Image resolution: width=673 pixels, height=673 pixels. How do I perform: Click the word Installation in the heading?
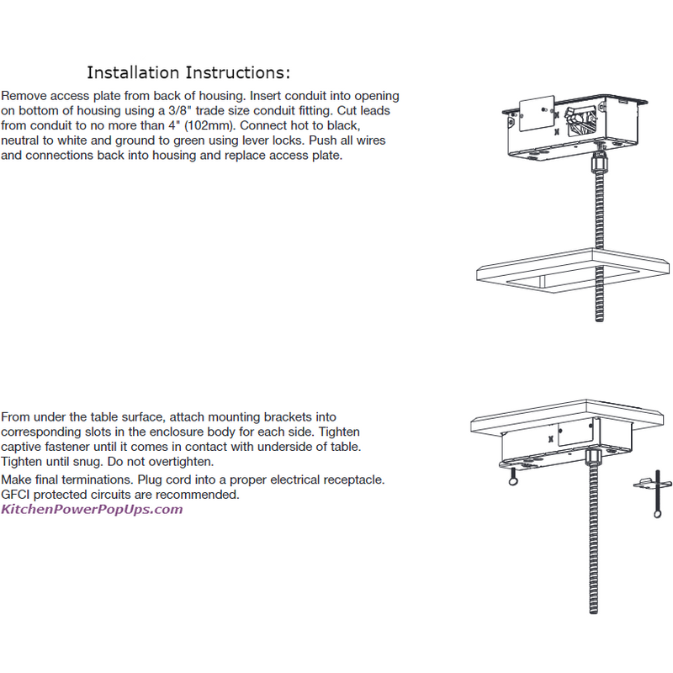click(x=133, y=72)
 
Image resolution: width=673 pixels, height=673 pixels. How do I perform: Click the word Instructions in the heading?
click(x=236, y=72)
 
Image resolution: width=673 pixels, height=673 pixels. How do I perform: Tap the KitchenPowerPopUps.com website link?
click(x=92, y=510)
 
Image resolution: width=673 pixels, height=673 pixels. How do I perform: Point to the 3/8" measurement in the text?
click(x=180, y=110)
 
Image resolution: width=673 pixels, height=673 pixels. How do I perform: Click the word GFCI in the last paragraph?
click(x=15, y=495)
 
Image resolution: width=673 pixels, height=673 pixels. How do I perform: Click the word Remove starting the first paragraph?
click(x=24, y=96)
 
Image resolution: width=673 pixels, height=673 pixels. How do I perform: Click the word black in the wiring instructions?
click(x=342, y=125)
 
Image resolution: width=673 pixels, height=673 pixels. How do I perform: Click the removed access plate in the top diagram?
click(x=537, y=113)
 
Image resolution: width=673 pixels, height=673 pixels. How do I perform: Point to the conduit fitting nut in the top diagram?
click(x=599, y=162)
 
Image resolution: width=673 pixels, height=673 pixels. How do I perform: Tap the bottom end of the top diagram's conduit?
click(x=600, y=320)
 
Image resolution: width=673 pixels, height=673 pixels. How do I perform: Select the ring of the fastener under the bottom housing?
click(x=513, y=481)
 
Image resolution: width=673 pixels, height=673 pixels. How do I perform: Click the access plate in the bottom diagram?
click(x=575, y=433)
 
